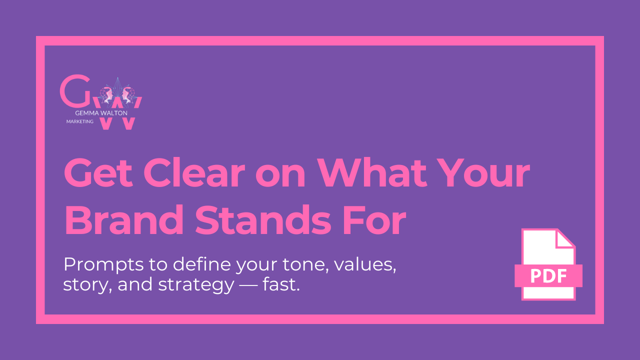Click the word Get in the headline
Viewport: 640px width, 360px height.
98,172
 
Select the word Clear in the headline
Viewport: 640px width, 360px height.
194,172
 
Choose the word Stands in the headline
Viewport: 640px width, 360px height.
262,219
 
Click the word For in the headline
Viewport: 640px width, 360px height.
374,219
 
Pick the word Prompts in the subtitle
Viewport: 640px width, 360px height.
103,265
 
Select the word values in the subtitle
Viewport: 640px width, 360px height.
365,264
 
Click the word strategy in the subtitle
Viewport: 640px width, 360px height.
196,285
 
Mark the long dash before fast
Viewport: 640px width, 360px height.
248,285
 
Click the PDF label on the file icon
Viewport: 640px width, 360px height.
548,276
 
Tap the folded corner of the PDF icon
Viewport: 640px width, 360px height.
564,239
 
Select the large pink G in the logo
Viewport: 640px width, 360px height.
75,90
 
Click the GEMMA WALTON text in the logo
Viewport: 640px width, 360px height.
101,113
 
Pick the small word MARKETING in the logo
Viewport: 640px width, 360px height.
79,121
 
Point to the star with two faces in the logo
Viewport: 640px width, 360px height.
117,92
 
